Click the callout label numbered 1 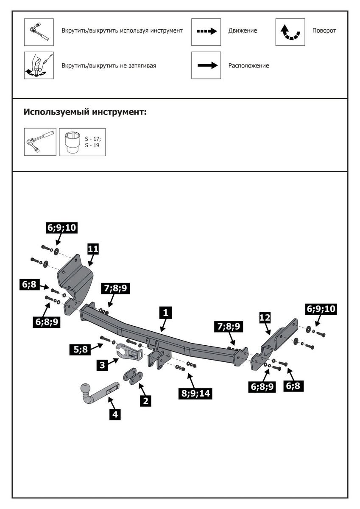[x=165, y=313]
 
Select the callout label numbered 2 [x=145, y=400]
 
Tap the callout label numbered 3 [x=101, y=365]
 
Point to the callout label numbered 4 [x=114, y=414]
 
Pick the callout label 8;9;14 [x=196, y=393]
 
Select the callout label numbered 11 [x=93, y=249]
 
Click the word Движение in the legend [x=243, y=31]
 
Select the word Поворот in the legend [x=324, y=31]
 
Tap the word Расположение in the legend [x=248, y=66]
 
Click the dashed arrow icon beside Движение [x=206, y=32]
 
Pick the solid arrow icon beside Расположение [x=206, y=65]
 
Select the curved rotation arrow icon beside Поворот [x=290, y=32]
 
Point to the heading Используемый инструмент [x=85, y=112]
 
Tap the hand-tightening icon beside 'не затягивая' [x=39, y=65]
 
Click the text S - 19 [x=92, y=145]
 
